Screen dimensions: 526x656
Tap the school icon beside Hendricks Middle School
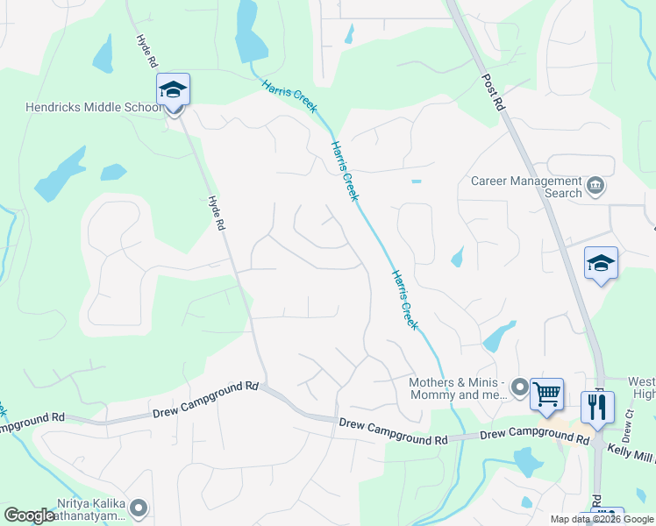[173, 90]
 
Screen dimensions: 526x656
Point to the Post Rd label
[494, 91]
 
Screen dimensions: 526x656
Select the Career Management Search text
[526, 187]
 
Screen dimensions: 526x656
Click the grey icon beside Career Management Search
[596, 187]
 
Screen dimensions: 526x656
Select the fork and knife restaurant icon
[597, 408]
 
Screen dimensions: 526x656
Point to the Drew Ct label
[627, 430]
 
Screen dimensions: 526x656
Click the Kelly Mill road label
[631, 448]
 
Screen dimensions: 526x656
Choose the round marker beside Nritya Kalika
[139, 508]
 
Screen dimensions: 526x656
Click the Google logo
[29, 515]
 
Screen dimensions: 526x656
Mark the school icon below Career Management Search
[602, 263]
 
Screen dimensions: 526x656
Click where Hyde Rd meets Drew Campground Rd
[264, 386]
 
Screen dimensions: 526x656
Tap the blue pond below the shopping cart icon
[527, 461]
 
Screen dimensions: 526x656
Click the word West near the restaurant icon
[641, 382]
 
